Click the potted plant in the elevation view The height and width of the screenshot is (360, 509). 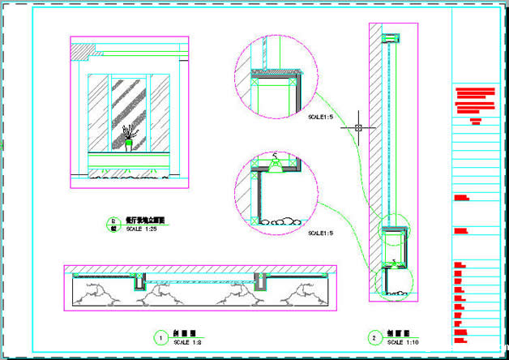pyautogui.click(x=128, y=136)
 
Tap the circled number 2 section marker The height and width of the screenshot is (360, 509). pyautogui.click(x=374, y=336)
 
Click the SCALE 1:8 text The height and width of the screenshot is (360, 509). pyautogui.click(x=187, y=341)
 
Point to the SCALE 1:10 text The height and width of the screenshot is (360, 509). pyautogui.click(x=401, y=341)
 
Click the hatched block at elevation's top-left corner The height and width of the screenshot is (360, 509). pyautogui.click(x=79, y=51)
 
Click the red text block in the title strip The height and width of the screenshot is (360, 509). pyautogui.click(x=475, y=101)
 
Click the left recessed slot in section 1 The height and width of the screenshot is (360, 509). pyautogui.click(x=139, y=281)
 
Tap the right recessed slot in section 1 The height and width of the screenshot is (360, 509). pyautogui.click(x=261, y=281)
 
